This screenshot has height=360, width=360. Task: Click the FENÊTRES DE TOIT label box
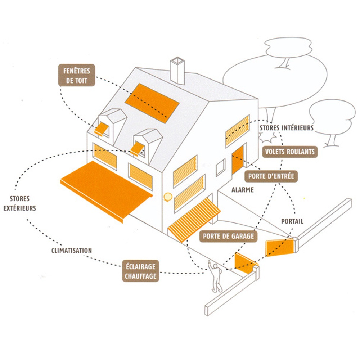(x=77, y=75)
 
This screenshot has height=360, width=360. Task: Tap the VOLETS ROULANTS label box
(x=289, y=152)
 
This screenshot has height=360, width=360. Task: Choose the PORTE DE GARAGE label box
(x=229, y=237)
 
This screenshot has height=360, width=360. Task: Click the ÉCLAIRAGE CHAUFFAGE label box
(x=140, y=271)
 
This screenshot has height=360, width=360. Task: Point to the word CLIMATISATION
(x=71, y=251)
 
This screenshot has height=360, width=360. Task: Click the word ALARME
(x=243, y=190)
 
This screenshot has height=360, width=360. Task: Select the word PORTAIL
(x=292, y=221)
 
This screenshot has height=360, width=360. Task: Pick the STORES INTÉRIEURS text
(x=286, y=128)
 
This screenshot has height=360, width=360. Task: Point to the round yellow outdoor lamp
(x=167, y=197)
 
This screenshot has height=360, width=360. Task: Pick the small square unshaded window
(x=220, y=167)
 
